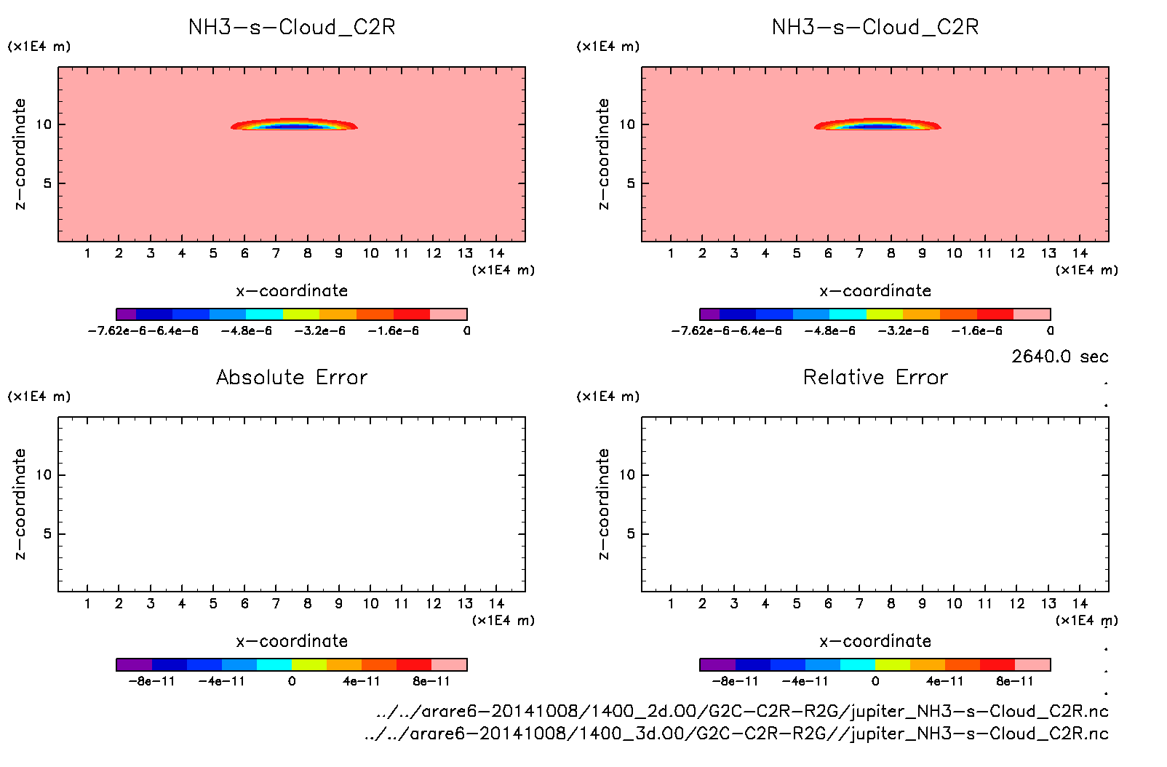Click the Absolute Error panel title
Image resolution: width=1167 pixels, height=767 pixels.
(x=292, y=377)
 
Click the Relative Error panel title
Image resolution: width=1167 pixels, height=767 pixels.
(x=875, y=377)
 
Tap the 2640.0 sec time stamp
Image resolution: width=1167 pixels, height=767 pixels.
(x=1059, y=357)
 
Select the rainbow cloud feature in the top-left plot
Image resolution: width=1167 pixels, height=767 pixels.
(x=294, y=124)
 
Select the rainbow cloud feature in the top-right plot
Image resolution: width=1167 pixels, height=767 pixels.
(x=877, y=124)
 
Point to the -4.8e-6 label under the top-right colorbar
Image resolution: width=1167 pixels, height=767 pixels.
(x=829, y=331)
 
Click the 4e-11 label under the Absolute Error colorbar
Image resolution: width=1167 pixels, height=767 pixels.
(x=362, y=682)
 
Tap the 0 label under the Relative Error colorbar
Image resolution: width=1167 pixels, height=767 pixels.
(x=875, y=682)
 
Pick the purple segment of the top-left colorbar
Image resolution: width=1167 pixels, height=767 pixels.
(x=126, y=314)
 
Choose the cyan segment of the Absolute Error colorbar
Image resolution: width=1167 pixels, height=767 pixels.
(x=274, y=664)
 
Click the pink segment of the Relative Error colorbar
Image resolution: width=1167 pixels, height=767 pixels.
(x=1033, y=664)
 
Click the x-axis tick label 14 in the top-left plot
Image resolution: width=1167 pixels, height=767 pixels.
(x=496, y=253)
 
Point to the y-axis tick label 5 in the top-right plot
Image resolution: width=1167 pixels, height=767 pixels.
(x=630, y=183)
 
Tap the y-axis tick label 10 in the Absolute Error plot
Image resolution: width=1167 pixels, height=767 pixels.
(x=44, y=475)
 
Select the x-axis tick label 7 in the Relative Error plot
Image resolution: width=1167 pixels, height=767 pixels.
(x=859, y=604)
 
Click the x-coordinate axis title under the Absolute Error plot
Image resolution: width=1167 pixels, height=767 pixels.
(x=292, y=641)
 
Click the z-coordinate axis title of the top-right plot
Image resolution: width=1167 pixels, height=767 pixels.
(x=603, y=154)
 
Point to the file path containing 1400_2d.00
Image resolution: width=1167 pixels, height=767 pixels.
(x=742, y=711)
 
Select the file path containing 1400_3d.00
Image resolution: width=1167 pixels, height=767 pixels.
(x=736, y=734)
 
